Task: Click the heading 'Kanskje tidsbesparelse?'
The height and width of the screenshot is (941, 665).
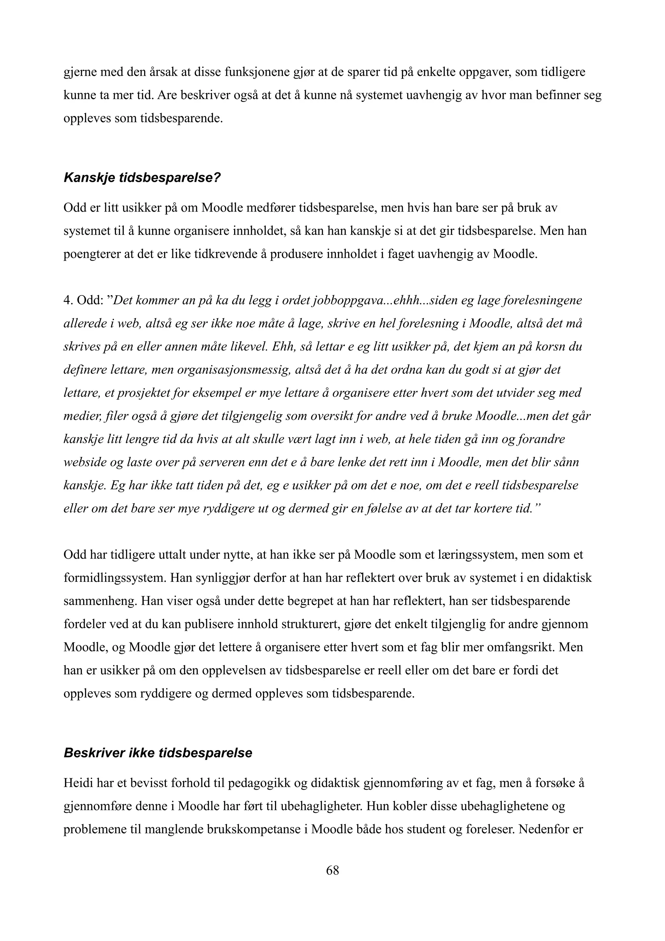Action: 142,178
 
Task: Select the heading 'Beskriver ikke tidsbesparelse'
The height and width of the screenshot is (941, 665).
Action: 158,753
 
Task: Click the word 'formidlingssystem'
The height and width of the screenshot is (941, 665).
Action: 115,578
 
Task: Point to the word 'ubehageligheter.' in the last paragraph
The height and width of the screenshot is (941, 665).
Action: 321,807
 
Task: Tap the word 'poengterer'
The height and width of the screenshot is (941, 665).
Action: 90,254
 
